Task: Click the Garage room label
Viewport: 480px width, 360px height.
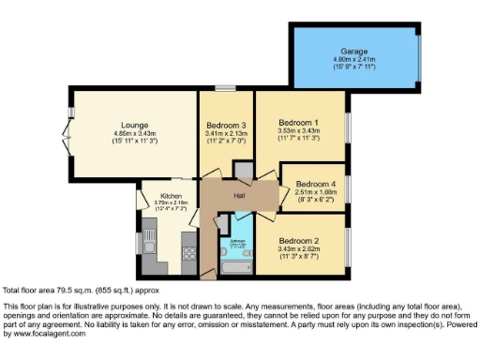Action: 354,51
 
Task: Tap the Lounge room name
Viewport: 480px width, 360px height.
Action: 133,125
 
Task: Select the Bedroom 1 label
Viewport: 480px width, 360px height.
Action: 303,123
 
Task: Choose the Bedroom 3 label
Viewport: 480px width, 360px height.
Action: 226,125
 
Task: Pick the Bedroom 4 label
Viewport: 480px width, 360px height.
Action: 314,184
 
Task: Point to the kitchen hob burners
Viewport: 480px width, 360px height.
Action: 187,251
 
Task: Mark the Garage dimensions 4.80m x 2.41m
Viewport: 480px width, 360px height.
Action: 354,59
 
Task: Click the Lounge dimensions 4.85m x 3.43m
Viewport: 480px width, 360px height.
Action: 133,133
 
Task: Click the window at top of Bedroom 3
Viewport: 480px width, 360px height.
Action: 225,88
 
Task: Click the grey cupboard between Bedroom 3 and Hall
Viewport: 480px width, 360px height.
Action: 243,171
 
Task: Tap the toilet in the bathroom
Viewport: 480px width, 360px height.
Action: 225,247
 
